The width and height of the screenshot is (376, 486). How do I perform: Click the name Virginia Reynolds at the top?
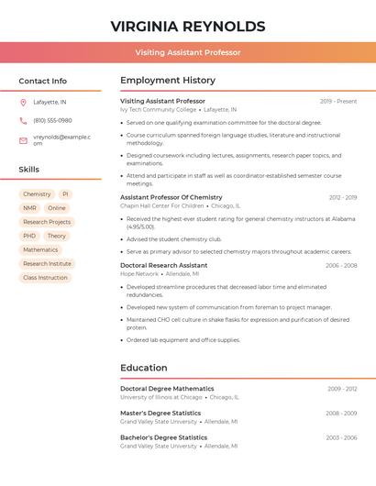point(188,26)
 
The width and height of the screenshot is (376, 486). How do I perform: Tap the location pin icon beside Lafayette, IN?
point(23,102)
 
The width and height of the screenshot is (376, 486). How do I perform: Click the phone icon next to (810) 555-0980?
point(23,120)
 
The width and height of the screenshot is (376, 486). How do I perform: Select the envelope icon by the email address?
point(23,140)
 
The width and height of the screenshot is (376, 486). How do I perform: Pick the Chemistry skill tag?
point(37,194)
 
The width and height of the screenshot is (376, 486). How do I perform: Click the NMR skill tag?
point(30,208)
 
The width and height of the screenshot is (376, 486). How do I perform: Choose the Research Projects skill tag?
point(47,222)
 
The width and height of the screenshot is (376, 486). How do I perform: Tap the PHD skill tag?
point(29,236)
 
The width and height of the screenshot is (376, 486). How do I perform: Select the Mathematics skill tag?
point(40,249)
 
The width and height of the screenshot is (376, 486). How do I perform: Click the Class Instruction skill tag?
point(45,277)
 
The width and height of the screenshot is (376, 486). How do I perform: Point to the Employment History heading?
point(168,81)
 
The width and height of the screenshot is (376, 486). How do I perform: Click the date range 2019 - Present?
point(338,101)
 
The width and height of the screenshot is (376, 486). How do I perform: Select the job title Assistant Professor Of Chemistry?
point(171,197)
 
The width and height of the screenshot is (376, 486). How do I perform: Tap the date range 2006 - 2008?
point(341,265)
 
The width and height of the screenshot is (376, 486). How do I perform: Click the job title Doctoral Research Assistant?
point(164,265)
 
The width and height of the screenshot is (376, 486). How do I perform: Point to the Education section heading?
point(144,368)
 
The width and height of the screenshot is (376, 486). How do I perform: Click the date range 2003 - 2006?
point(341,437)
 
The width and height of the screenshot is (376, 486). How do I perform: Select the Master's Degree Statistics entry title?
point(161,413)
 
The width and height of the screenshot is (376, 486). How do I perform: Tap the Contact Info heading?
point(43,81)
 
